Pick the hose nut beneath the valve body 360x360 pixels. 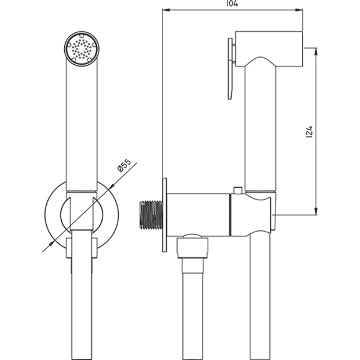coord(192,246)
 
